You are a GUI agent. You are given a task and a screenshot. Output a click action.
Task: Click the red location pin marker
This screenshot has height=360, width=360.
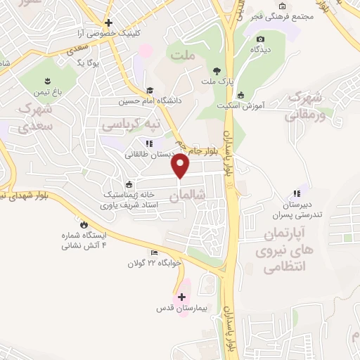(181, 166)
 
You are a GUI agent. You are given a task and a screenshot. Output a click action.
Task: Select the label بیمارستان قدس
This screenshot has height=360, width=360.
(181, 309)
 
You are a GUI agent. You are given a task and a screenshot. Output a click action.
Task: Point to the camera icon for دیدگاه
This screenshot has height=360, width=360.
(261, 39)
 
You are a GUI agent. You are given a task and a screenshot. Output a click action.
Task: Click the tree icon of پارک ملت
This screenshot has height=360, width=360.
(217, 70)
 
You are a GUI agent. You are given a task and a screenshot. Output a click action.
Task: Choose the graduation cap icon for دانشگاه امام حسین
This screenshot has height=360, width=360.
(149, 90)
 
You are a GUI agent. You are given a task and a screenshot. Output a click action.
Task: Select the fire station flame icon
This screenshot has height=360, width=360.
(85, 224)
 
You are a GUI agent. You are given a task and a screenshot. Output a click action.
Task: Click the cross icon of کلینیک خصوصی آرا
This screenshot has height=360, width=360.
(108, 23)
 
